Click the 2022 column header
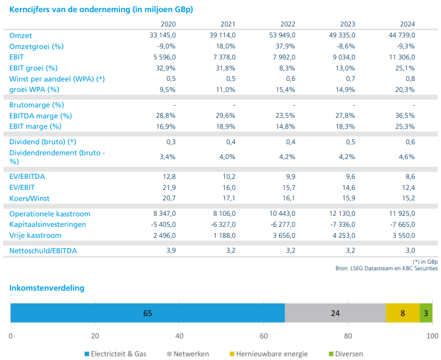click(287, 24)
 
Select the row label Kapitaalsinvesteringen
click(47, 225)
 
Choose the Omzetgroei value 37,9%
click(286, 46)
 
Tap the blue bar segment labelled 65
click(148, 313)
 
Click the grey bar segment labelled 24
click(335, 313)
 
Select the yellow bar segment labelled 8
click(402, 313)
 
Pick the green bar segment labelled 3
click(426, 313)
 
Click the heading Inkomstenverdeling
click(47, 287)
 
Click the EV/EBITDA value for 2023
click(347, 177)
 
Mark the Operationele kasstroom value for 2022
click(282, 214)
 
